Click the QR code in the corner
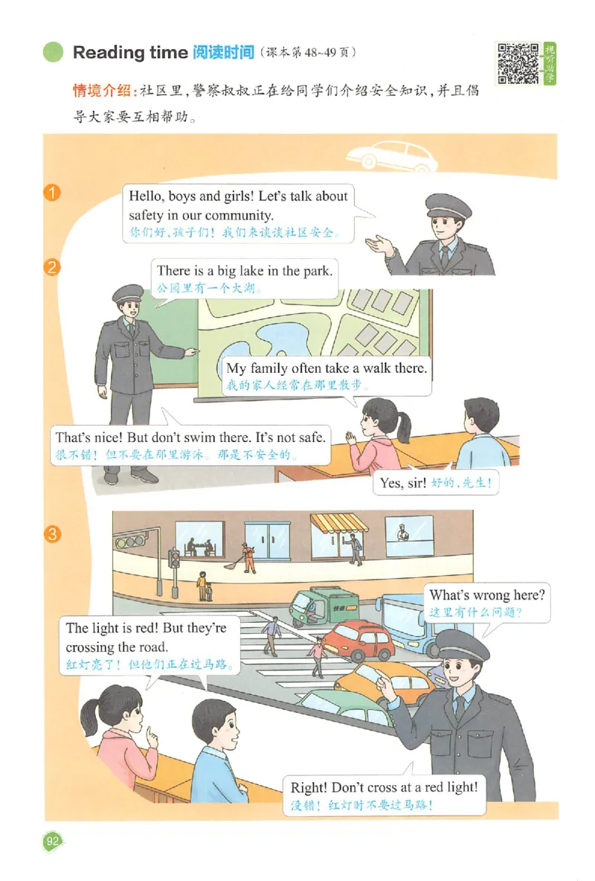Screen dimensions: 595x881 [x=518, y=63]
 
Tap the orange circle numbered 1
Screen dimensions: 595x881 [x=52, y=193]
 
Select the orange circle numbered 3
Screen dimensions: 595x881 [x=52, y=534]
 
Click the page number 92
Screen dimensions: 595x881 [x=52, y=841]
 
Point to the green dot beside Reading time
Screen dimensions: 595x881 [x=54, y=52]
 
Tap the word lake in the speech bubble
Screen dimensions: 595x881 [x=251, y=271]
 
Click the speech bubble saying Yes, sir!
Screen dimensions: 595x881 [x=436, y=482]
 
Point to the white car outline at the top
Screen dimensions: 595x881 [x=392, y=155]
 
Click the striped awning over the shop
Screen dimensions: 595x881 [x=339, y=523]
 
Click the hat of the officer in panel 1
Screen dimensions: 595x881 [x=448, y=206]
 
